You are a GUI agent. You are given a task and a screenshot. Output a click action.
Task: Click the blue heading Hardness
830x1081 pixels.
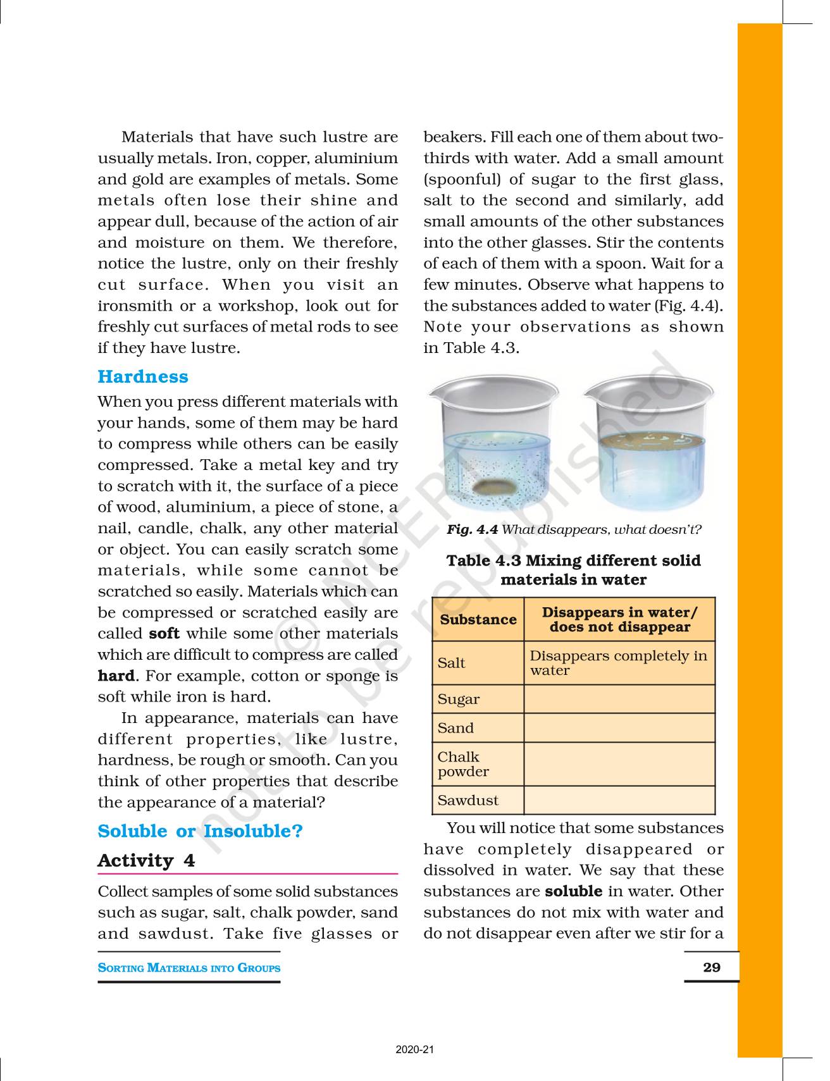click(x=143, y=377)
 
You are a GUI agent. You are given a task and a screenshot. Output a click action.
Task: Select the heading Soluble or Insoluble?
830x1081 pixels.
click(x=200, y=831)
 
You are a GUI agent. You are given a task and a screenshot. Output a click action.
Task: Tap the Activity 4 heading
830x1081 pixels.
click(x=146, y=861)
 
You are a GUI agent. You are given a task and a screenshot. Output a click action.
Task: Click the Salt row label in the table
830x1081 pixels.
click(x=451, y=663)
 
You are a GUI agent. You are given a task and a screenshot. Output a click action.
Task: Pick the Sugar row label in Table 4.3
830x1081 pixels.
click(x=459, y=699)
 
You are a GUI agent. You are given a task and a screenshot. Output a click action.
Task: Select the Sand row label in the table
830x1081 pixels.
click(x=455, y=728)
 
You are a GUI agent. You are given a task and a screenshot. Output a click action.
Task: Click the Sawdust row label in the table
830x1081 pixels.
click(x=468, y=800)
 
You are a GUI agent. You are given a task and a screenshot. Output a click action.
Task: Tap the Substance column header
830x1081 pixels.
click(x=478, y=620)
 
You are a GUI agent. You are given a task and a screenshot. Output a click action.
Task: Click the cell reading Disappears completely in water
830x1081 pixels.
click(x=619, y=663)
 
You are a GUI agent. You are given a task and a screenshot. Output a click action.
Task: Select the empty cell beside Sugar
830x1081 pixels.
click(x=619, y=699)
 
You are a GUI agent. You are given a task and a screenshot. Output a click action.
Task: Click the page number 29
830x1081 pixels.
click(x=712, y=967)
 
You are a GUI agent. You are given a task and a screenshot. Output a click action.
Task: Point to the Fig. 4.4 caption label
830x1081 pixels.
click(x=473, y=530)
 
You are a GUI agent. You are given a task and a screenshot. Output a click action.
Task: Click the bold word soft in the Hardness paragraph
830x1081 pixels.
click(x=164, y=634)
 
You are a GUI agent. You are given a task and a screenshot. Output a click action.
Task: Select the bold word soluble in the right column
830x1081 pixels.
click(x=573, y=892)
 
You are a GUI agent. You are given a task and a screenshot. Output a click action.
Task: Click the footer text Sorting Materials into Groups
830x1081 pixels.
click(x=189, y=968)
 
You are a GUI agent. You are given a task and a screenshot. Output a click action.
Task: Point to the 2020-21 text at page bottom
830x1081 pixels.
click(x=415, y=1050)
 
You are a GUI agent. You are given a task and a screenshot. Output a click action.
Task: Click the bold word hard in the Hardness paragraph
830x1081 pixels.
click(x=116, y=676)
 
